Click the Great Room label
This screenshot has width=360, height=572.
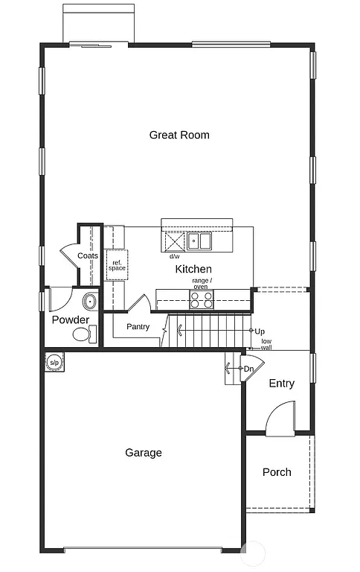(179, 135)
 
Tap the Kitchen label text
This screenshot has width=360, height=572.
(193, 269)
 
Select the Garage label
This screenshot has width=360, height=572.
(144, 452)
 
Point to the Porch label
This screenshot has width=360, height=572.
(277, 472)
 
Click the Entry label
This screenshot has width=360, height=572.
(281, 384)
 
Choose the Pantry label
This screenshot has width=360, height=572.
(138, 327)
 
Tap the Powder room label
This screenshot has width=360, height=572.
(71, 320)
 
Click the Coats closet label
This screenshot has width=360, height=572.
(88, 255)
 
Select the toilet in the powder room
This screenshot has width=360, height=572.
(84, 335)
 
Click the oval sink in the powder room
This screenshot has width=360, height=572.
(89, 302)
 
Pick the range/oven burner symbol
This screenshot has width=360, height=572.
(201, 299)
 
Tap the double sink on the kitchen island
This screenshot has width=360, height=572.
(199, 241)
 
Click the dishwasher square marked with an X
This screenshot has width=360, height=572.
(174, 242)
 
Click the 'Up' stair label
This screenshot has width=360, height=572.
(260, 331)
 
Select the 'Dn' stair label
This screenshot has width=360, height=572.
(249, 369)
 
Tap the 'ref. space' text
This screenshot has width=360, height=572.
(117, 265)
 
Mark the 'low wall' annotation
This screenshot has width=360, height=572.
(266, 344)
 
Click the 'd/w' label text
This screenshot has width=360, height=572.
(174, 256)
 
